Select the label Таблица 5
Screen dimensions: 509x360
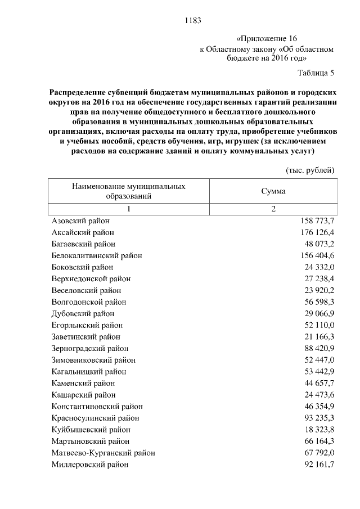(316, 73)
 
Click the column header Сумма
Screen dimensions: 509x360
(273, 191)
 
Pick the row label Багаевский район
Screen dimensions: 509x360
(83, 244)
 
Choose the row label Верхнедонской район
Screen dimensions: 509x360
(91, 278)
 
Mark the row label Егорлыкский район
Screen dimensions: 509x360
(87, 325)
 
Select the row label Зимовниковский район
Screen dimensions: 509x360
(93, 360)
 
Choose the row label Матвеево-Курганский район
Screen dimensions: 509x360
(103, 453)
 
